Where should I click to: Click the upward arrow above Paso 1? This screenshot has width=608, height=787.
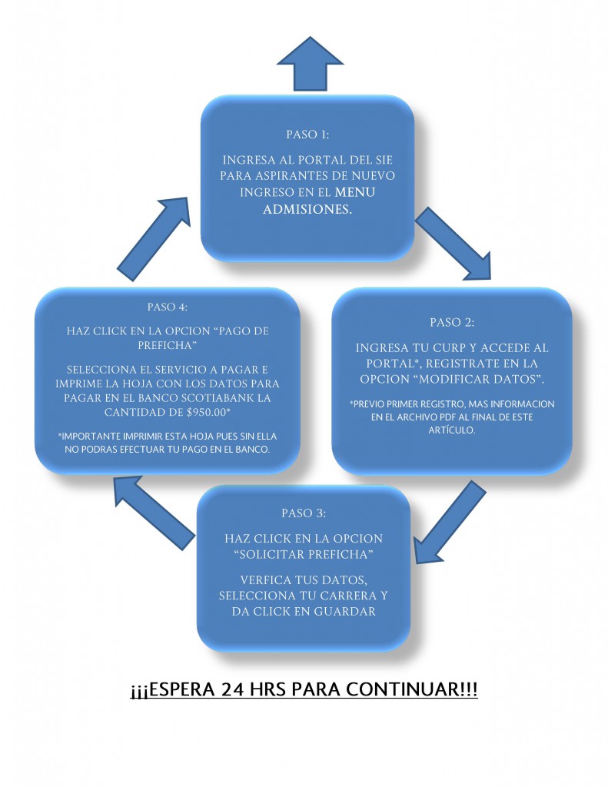(x=310, y=65)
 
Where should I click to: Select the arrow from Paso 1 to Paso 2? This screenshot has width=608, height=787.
(x=454, y=244)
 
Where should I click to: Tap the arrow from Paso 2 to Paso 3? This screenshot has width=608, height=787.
(x=450, y=522)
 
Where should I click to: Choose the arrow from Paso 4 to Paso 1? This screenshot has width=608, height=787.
(x=154, y=239)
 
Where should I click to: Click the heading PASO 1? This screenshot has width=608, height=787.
(x=307, y=134)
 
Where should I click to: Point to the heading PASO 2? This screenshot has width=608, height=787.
(x=452, y=322)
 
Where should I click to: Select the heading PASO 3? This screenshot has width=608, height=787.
(x=304, y=513)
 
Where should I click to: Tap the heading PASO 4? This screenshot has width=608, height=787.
(x=168, y=307)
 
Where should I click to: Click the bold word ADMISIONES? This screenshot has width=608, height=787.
(x=307, y=209)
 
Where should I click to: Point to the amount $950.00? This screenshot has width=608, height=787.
(x=208, y=412)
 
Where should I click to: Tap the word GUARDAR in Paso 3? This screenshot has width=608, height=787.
(x=345, y=611)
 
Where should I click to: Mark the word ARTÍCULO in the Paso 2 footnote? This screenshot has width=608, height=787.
(x=451, y=430)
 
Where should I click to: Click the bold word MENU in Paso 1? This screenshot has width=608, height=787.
(x=355, y=192)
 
